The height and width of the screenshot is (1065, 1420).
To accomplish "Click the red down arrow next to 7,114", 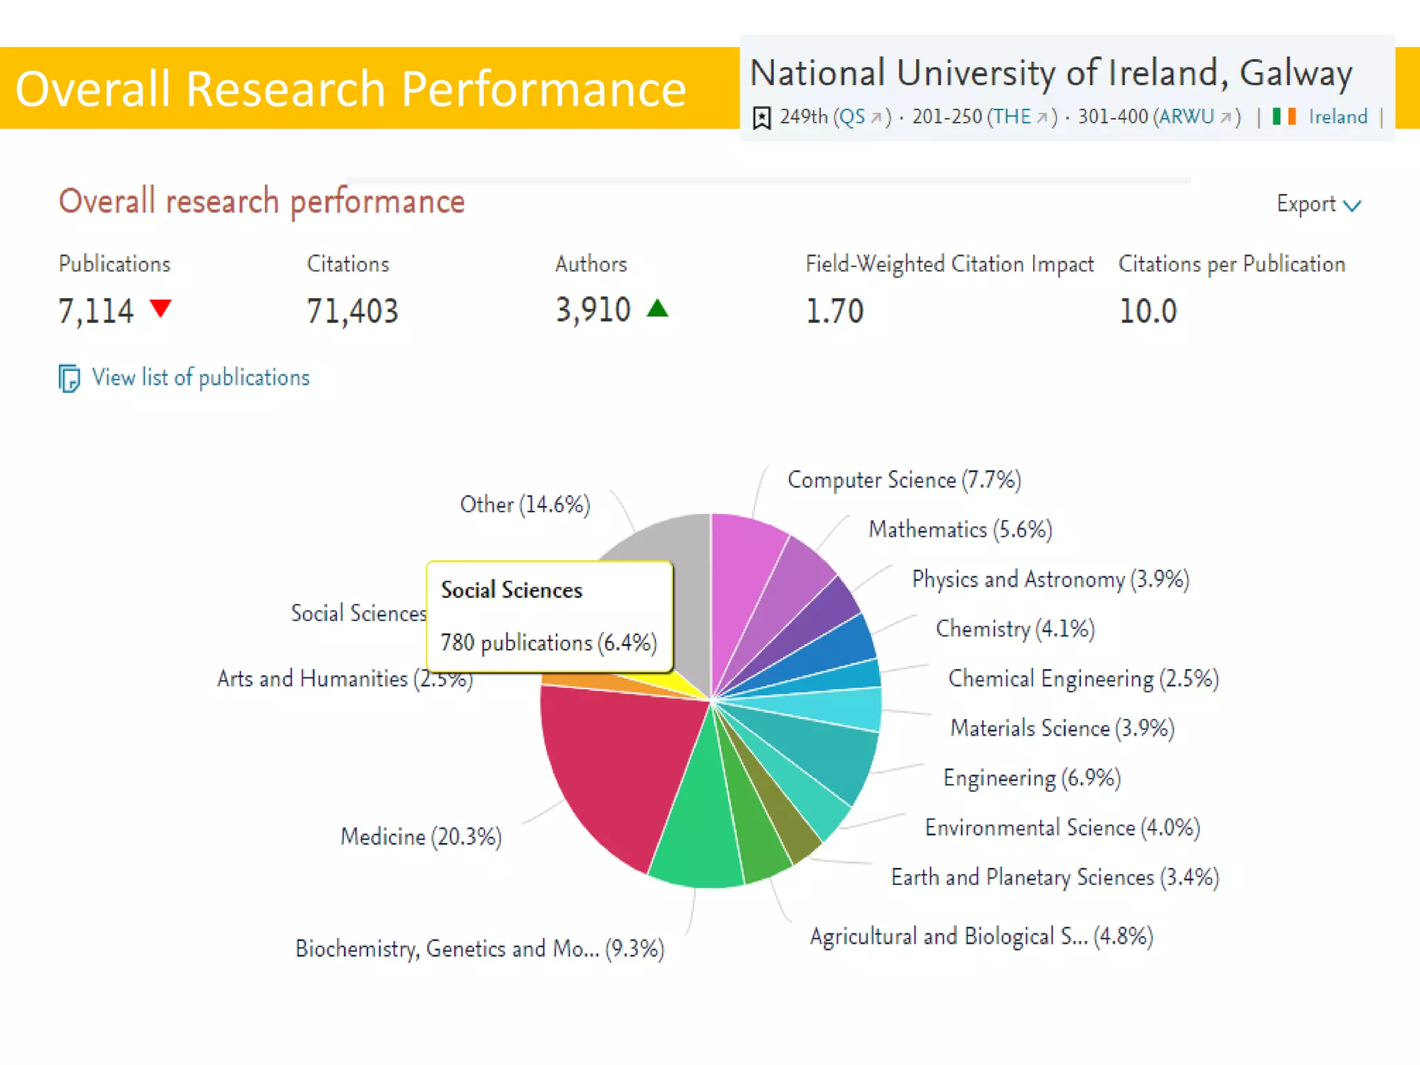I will (x=161, y=307).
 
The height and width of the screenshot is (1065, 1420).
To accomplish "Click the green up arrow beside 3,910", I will (x=657, y=308).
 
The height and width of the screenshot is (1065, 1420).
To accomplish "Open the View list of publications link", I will (x=200, y=378).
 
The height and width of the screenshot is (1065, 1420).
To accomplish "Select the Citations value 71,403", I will (x=352, y=311).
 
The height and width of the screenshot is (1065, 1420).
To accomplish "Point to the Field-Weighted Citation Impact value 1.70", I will (x=834, y=311).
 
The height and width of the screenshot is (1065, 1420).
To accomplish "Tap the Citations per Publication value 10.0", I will (x=1148, y=311).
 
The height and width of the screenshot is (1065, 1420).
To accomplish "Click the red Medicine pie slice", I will (x=610, y=763).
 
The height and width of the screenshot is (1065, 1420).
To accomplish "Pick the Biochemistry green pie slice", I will (x=697, y=832).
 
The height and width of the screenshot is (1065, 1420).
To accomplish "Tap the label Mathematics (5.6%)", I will (x=960, y=530).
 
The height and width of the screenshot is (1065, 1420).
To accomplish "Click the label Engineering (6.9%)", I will (x=1032, y=778).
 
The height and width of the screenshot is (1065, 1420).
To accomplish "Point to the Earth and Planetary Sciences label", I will (x=1054, y=877).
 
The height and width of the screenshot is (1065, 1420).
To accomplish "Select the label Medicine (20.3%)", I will (x=421, y=837).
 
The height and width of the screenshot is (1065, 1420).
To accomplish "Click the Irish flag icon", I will (x=1284, y=116).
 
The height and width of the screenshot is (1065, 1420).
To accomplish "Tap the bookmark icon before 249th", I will (x=761, y=118).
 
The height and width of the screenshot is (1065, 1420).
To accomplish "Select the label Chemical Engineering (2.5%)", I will (x=1083, y=678).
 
